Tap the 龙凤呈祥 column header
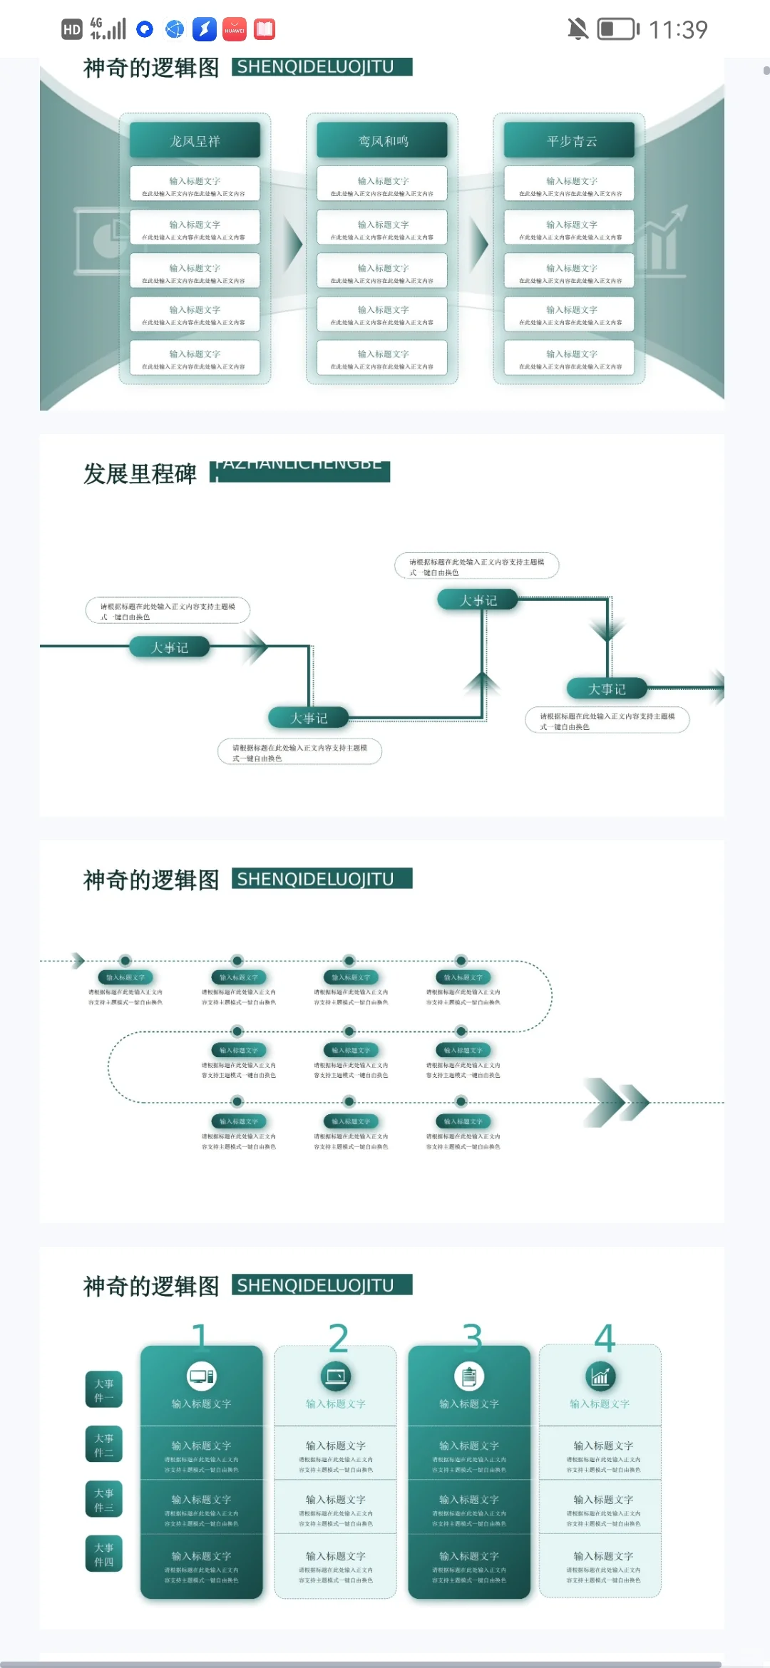click(195, 140)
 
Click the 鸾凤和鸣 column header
click(382, 140)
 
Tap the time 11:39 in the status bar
click(678, 29)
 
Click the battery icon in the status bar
click(617, 29)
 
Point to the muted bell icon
click(577, 29)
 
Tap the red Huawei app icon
click(235, 29)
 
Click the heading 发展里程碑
click(140, 473)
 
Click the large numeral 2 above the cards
click(338, 1338)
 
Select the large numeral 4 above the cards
click(605, 1338)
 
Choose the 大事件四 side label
click(104, 1554)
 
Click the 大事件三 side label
click(104, 1499)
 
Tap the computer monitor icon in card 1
click(201, 1376)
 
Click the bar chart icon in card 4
click(600, 1376)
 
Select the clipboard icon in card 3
click(469, 1376)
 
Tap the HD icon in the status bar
click(72, 29)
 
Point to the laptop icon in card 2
click(335, 1376)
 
